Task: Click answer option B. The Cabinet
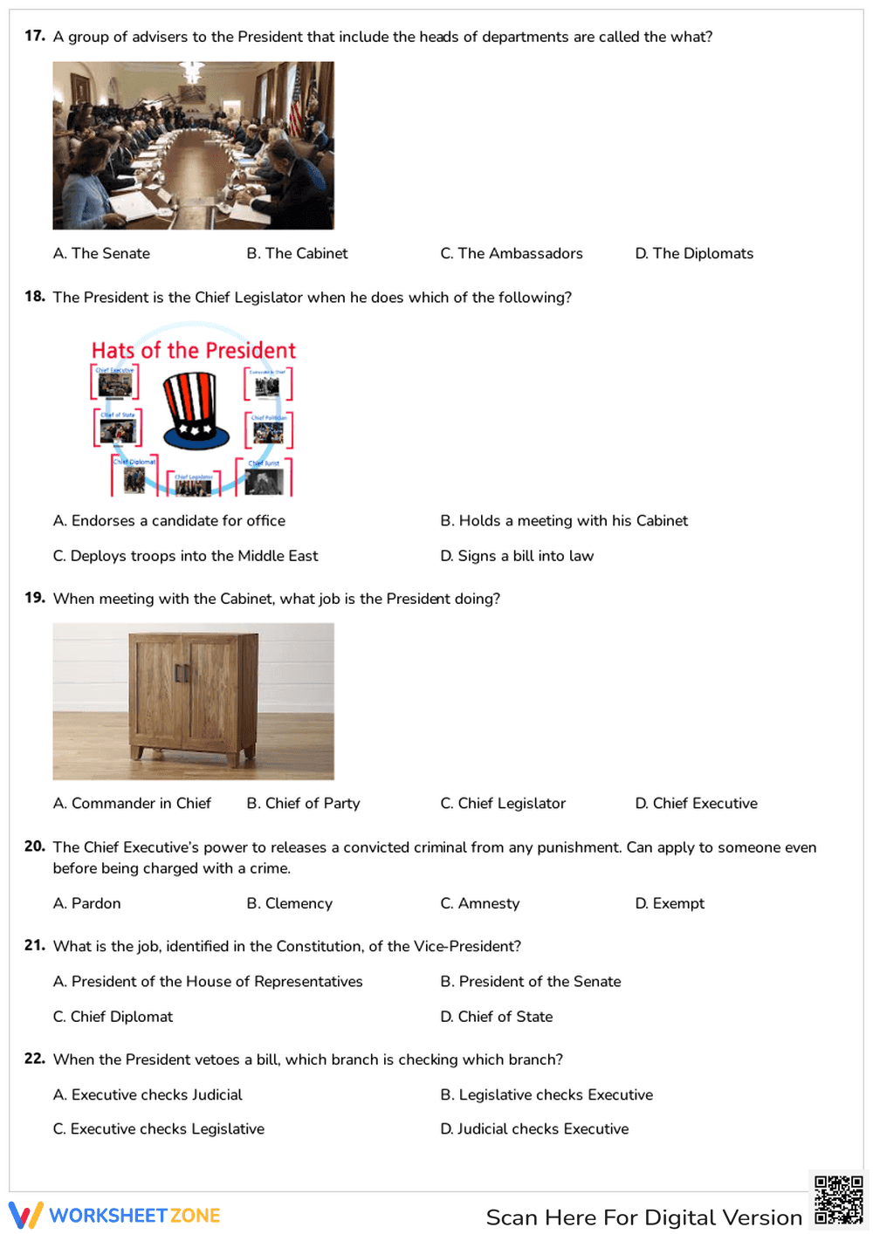point(297,253)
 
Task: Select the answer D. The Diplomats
point(694,253)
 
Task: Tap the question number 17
point(35,36)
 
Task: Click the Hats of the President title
point(193,351)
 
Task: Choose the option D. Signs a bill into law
point(517,556)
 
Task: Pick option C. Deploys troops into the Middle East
point(185,556)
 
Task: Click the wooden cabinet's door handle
point(182,673)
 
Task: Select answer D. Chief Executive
point(696,803)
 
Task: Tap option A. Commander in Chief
point(132,803)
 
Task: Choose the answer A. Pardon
point(86,903)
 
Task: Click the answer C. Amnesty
point(479,903)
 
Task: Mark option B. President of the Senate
point(531,981)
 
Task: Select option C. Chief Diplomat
point(113,1017)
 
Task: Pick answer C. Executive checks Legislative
point(158,1128)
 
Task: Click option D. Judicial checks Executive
point(534,1128)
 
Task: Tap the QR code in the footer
point(838,1200)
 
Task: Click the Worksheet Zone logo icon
point(25,1215)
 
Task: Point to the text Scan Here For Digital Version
point(643,1217)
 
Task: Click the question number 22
point(35,1059)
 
